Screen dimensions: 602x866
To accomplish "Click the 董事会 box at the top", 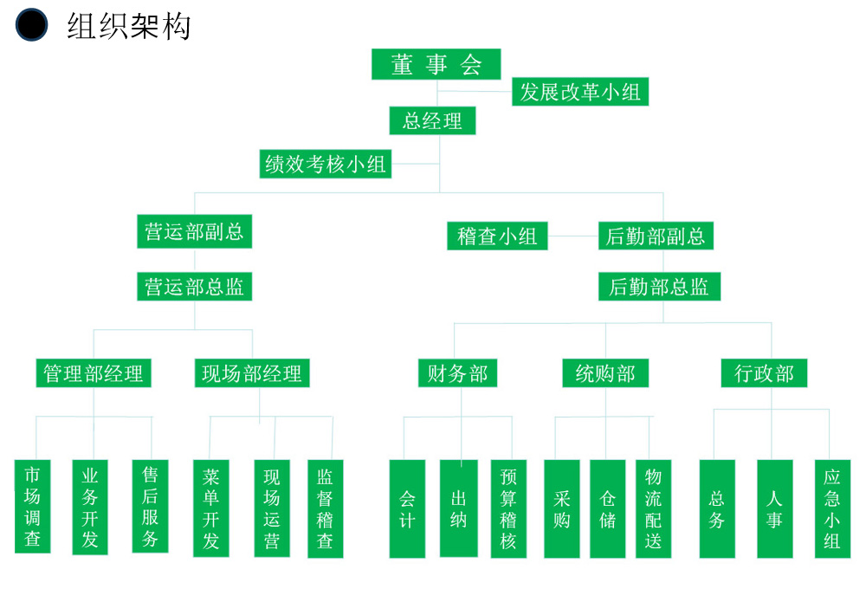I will coord(437,64).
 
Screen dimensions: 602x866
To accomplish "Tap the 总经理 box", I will coord(433,120).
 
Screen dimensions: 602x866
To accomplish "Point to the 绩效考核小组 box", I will coord(326,163).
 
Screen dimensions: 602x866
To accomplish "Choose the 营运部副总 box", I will coord(194,232).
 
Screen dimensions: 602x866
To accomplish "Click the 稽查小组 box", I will coord(497,236).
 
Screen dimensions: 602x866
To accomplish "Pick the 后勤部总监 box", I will coord(659,287).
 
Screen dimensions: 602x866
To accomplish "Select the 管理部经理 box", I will coord(94,373).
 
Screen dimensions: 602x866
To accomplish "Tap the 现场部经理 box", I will coord(252,373).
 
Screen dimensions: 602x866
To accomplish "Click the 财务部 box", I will coord(457,373).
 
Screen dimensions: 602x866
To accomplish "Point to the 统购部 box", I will coord(605,373).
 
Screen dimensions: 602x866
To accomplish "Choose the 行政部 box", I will coord(764,373).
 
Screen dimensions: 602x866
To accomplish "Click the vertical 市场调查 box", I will coord(33,507).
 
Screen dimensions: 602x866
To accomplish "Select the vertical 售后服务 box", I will coord(150,507).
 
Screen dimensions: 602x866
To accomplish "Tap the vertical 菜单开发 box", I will coord(210,508).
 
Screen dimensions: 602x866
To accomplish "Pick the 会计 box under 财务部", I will coord(407,508).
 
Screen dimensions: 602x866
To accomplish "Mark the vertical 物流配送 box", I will coord(654,508).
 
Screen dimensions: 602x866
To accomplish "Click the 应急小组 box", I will coord(832,508).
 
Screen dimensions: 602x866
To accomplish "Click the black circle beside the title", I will coord(32,25).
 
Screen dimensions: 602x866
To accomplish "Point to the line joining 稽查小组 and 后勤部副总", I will coord(572,236).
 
